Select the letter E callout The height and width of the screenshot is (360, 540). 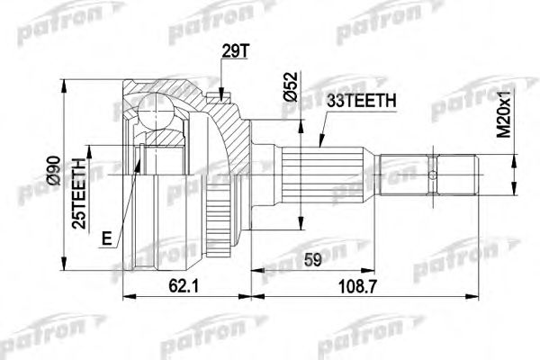[106, 238]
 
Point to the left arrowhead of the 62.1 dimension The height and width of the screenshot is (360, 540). [124, 296]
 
